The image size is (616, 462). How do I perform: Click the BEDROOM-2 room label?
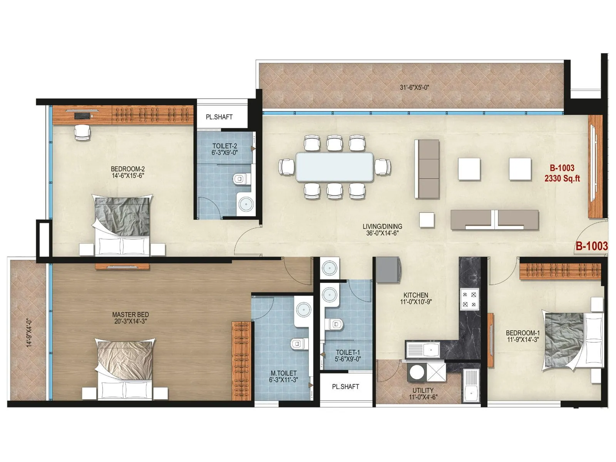(127, 169)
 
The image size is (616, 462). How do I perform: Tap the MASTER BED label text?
(131, 315)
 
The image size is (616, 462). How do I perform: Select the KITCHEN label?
(416, 295)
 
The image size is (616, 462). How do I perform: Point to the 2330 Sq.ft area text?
(562, 178)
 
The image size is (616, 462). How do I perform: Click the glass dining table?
(334, 166)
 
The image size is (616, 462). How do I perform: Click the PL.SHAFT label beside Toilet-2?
(219, 117)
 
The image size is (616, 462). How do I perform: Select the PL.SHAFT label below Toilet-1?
(345, 386)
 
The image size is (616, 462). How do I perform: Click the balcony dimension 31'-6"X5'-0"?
(414, 87)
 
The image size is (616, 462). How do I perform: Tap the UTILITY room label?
(423, 390)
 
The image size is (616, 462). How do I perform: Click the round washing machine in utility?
(416, 372)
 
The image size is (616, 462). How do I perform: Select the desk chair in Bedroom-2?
(82, 132)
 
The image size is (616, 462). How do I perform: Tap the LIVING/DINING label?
(382, 226)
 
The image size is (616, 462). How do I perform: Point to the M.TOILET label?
(283, 373)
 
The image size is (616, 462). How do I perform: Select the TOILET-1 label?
(348, 352)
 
